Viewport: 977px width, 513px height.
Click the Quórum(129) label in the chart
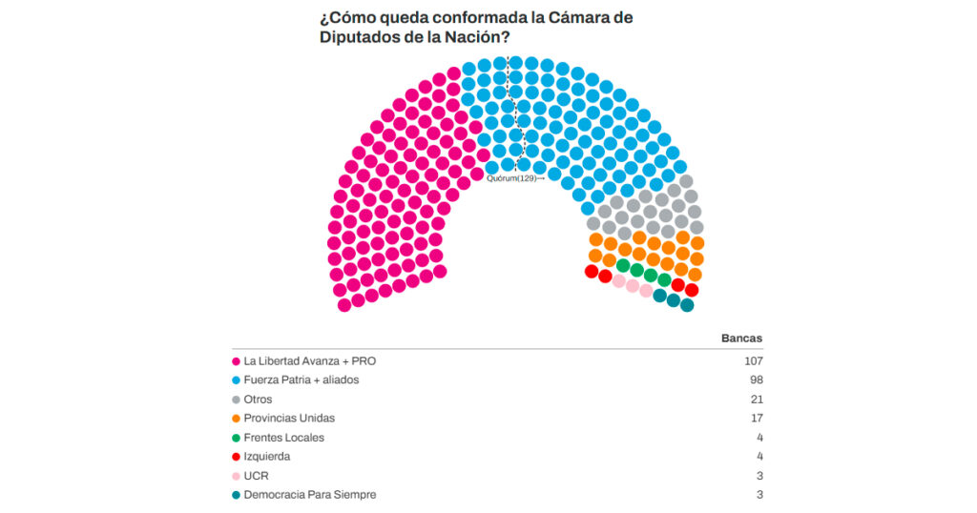pos(512,178)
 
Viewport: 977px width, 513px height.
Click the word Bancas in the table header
pos(742,339)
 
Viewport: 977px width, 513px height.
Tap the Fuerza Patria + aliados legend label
pos(301,380)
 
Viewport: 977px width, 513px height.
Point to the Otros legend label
pos(259,400)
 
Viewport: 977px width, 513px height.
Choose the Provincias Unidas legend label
pos(289,419)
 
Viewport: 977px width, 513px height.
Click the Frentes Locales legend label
pos(284,438)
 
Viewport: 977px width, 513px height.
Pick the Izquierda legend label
pos(268,457)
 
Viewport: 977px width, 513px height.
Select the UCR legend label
pos(256,476)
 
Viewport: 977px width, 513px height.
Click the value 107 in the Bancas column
pos(754,361)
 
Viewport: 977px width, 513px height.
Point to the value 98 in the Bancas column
pos(757,380)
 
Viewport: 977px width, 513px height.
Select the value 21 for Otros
pos(757,400)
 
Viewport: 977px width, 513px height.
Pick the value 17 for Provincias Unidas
pos(757,419)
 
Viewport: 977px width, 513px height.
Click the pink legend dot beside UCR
pos(236,476)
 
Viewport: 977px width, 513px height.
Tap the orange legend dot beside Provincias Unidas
pos(236,419)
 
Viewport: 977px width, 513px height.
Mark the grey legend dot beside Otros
pos(236,400)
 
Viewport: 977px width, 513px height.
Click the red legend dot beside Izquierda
pos(236,457)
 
